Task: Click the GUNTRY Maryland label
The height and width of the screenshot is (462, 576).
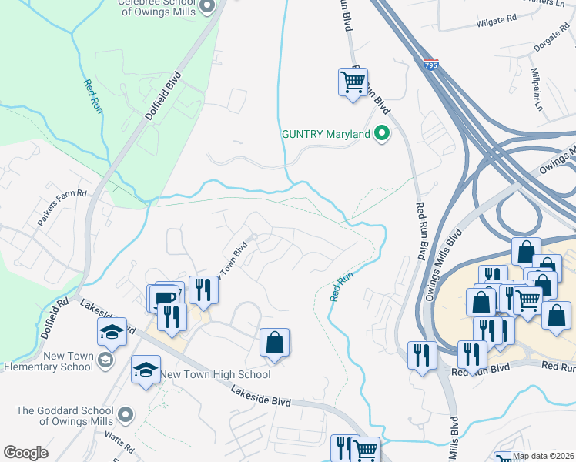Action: coord(326,134)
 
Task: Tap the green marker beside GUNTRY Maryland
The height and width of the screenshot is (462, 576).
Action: coord(381,134)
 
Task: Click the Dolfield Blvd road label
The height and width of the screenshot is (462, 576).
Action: coord(163,96)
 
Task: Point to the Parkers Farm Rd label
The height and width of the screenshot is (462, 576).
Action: coord(63,208)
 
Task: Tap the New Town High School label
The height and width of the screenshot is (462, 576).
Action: coord(216,374)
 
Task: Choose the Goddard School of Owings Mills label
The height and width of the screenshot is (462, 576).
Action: coord(65,416)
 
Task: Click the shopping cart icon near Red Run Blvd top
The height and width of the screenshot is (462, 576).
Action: coord(353,80)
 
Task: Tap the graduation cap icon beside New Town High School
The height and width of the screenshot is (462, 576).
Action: coord(146,370)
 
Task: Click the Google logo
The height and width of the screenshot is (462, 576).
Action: coord(25,453)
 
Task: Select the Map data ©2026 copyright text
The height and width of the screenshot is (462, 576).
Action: coord(543,457)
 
